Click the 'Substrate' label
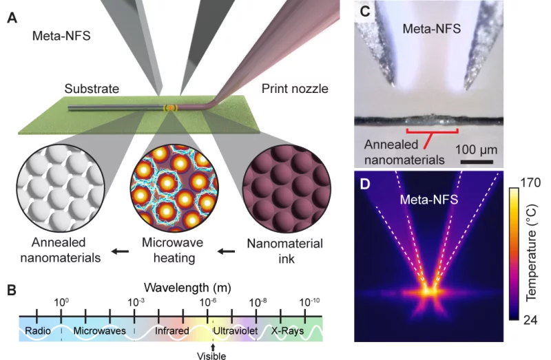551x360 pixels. point(92,89)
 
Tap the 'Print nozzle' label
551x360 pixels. point(295,89)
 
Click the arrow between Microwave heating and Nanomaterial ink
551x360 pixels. point(225,251)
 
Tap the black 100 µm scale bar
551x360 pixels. point(477,162)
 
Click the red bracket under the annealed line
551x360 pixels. point(432,130)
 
